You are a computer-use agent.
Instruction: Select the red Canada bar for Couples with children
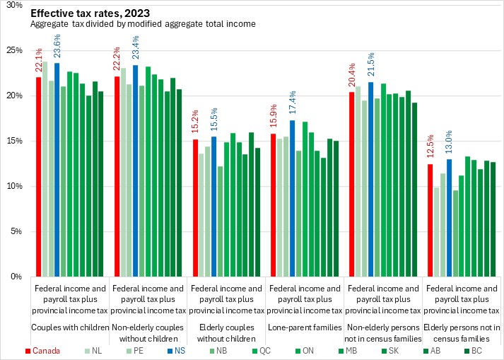pyautogui.click(x=39, y=176)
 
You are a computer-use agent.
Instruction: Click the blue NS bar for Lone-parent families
pyautogui.click(x=291, y=198)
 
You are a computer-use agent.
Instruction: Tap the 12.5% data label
pyautogui.click(x=428, y=149)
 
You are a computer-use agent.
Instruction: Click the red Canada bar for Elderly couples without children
pyautogui.click(x=195, y=207)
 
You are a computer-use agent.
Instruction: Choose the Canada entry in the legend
pyautogui.click(x=42, y=349)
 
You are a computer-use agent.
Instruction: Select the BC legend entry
pyautogui.click(x=473, y=349)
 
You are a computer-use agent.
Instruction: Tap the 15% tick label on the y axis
pyautogui.click(x=16, y=141)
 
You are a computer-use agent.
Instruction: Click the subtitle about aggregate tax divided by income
pyautogui.click(x=143, y=24)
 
